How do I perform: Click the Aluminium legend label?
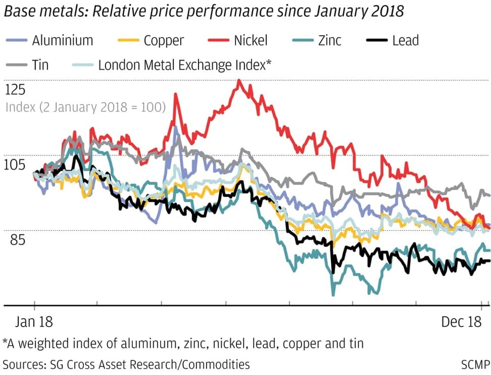[x=62, y=40]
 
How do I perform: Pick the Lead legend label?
[x=405, y=40]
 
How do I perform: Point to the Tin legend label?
[x=40, y=65]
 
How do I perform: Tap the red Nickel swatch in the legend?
[x=217, y=41]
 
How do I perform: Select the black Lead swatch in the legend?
[x=376, y=41]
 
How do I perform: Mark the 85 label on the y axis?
[x=19, y=239]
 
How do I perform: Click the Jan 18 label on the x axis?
[x=34, y=322]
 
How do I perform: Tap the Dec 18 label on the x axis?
[x=461, y=322]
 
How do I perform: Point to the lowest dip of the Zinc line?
[x=333, y=295]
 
